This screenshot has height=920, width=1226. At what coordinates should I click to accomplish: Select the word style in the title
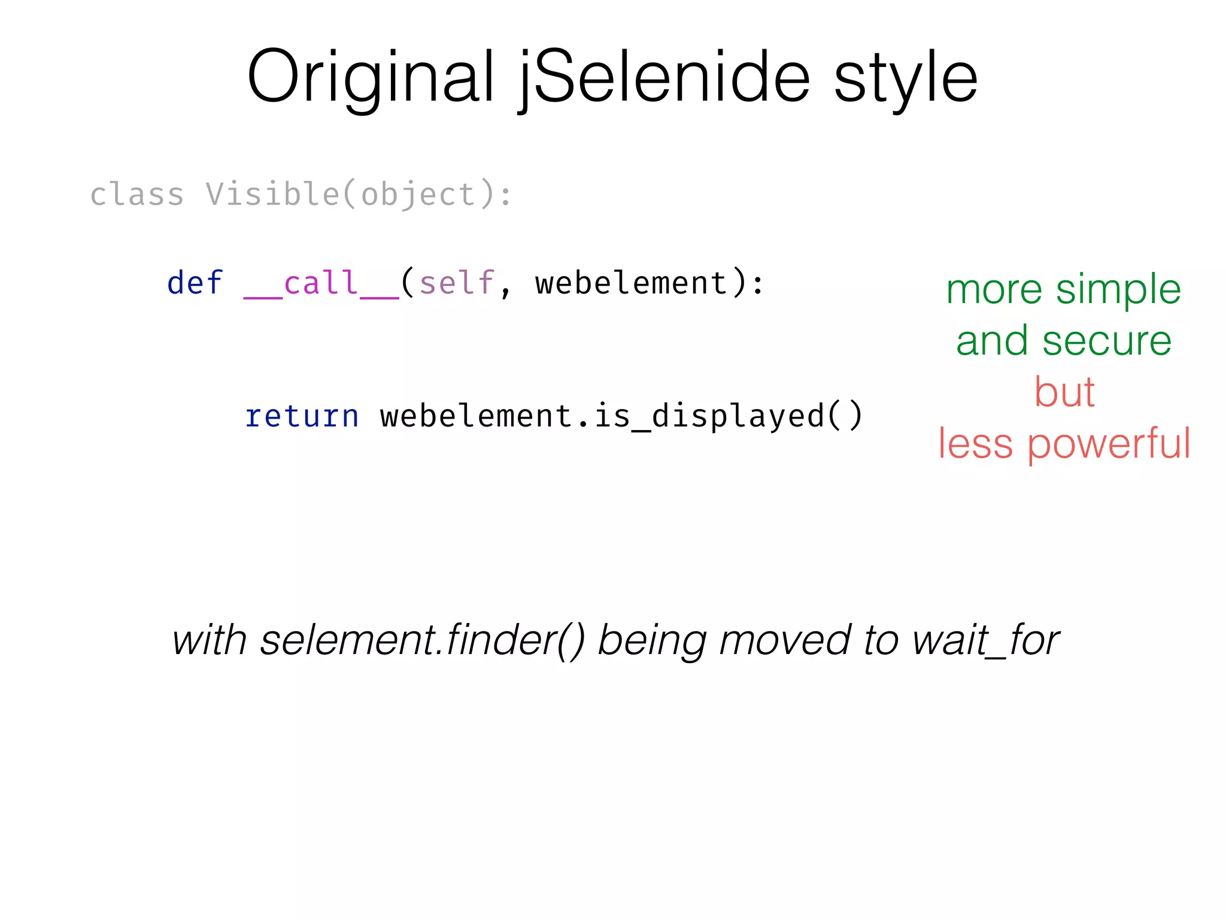(906, 78)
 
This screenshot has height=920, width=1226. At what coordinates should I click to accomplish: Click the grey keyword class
(137, 195)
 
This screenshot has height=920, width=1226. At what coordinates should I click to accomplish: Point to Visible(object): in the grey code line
(359, 195)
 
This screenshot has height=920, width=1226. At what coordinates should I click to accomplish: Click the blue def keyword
(195, 283)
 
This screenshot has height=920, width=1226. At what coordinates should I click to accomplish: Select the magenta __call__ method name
(321, 283)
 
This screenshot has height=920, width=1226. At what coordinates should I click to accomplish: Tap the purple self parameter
(456, 283)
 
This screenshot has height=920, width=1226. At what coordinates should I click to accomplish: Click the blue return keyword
(302, 416)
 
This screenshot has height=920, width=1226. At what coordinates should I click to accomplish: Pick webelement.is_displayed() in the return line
(621, 416)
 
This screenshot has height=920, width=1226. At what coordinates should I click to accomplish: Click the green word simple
(1118, 290)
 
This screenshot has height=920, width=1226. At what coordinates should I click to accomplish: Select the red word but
(1064, 392)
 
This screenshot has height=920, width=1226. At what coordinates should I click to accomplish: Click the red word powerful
(1109, 444)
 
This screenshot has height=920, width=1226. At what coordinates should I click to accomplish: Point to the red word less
(975, 444)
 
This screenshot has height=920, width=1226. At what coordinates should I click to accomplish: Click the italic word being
(653, 640)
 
